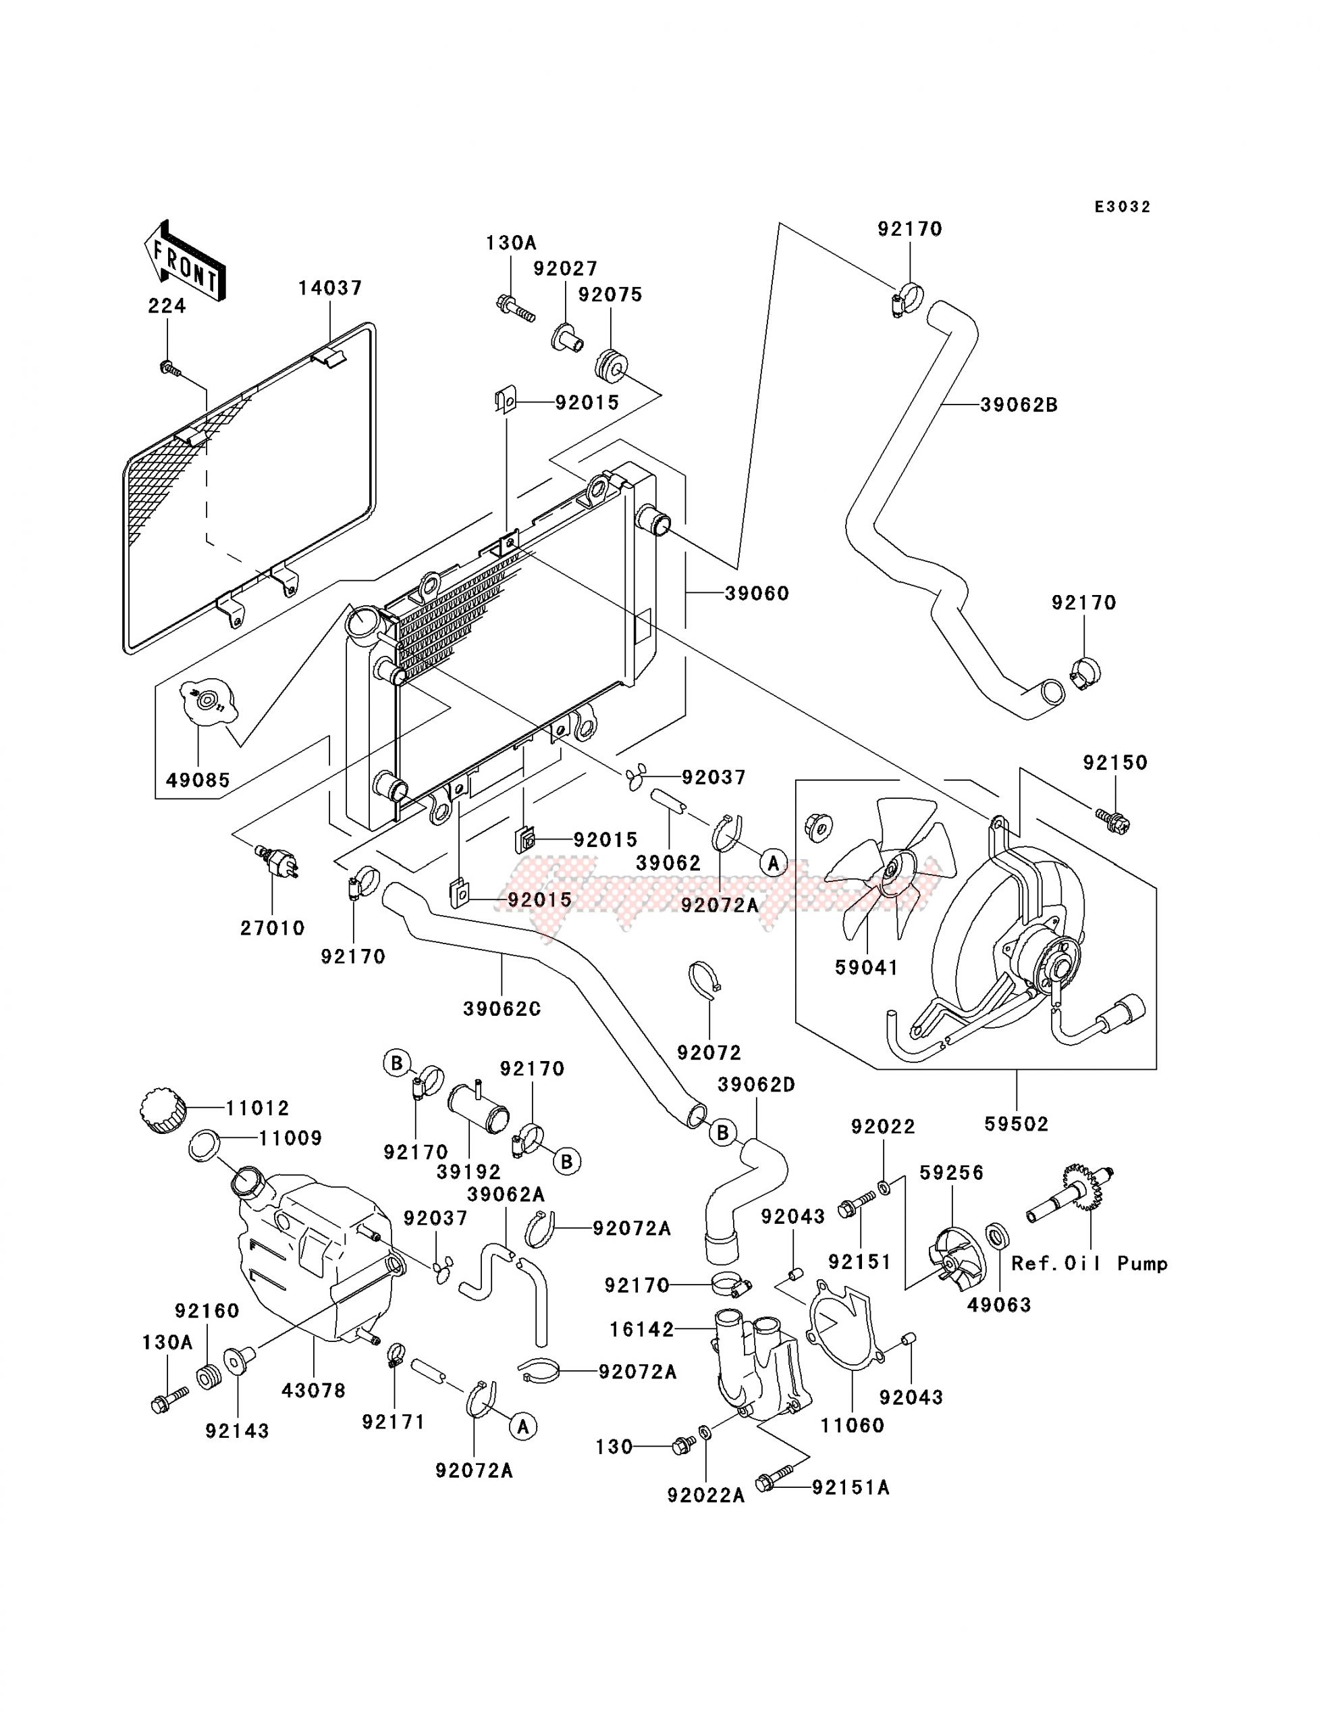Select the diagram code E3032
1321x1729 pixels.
click(1122, 207)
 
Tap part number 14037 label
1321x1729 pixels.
click(330, 288)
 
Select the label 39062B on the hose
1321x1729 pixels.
click(1019, 405)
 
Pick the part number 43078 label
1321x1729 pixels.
click(314, 1391)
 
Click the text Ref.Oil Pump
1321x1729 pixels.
click(1089, 1264)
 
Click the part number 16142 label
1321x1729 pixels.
click(642, 1329)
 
